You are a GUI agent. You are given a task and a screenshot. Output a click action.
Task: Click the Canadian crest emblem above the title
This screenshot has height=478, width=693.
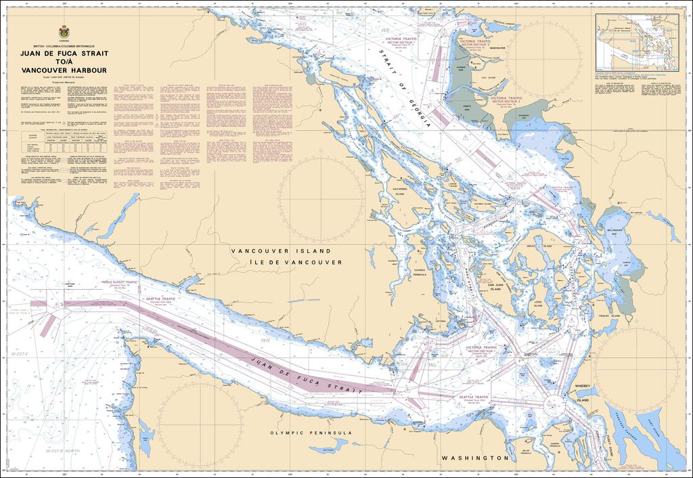(64, 32)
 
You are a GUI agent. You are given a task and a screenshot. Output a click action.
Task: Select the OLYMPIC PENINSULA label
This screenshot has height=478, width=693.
(311, 433)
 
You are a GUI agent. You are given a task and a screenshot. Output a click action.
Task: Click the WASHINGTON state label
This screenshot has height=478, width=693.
(474, 458)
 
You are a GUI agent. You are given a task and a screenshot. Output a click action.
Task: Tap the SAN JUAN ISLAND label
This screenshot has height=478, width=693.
(499, 287)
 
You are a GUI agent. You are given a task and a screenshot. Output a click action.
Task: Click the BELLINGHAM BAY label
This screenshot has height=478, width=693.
(613, 232)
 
